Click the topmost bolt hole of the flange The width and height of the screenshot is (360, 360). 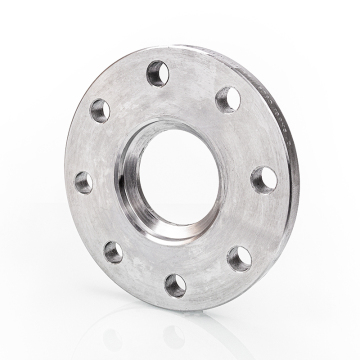158,72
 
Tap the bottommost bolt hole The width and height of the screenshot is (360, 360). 175,284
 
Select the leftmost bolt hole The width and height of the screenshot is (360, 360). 83,182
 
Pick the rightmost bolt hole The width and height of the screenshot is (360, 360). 264,179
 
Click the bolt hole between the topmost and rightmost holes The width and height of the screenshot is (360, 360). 228,98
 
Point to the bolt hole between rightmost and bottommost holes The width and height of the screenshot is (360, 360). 240,259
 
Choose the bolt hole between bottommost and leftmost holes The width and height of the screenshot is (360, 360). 113,251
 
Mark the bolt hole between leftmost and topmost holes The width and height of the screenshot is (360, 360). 100,110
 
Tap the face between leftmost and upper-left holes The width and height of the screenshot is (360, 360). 88,145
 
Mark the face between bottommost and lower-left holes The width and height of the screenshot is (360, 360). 141,272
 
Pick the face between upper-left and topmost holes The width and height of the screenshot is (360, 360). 126,88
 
